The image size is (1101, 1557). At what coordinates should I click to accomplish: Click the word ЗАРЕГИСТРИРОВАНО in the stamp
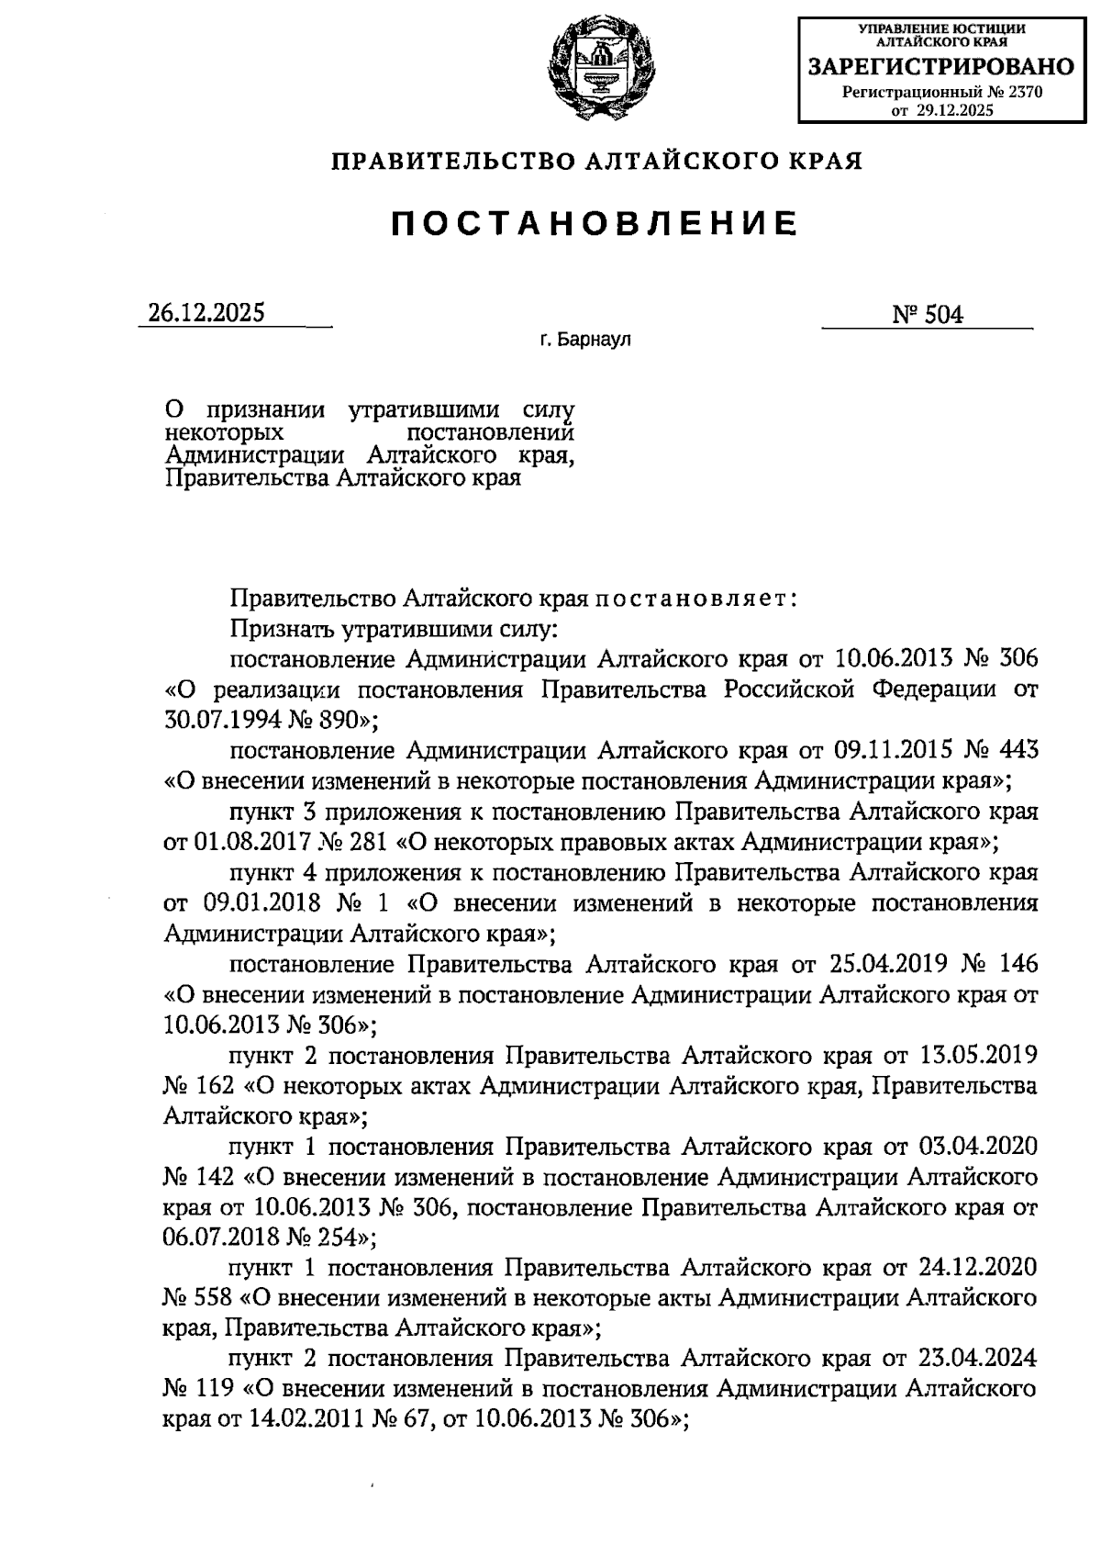[x=940, y=66]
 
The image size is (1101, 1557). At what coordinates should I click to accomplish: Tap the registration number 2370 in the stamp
[x=1023, y=92]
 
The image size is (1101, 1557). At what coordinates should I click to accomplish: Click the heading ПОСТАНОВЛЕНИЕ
[x=595, y=223]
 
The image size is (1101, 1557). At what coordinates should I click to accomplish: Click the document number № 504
[x=928, y=315]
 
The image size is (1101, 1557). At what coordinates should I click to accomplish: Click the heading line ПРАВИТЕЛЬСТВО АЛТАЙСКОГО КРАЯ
[x=597, y=162]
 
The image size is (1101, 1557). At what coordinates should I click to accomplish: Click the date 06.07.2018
[x=220, y=1237]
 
